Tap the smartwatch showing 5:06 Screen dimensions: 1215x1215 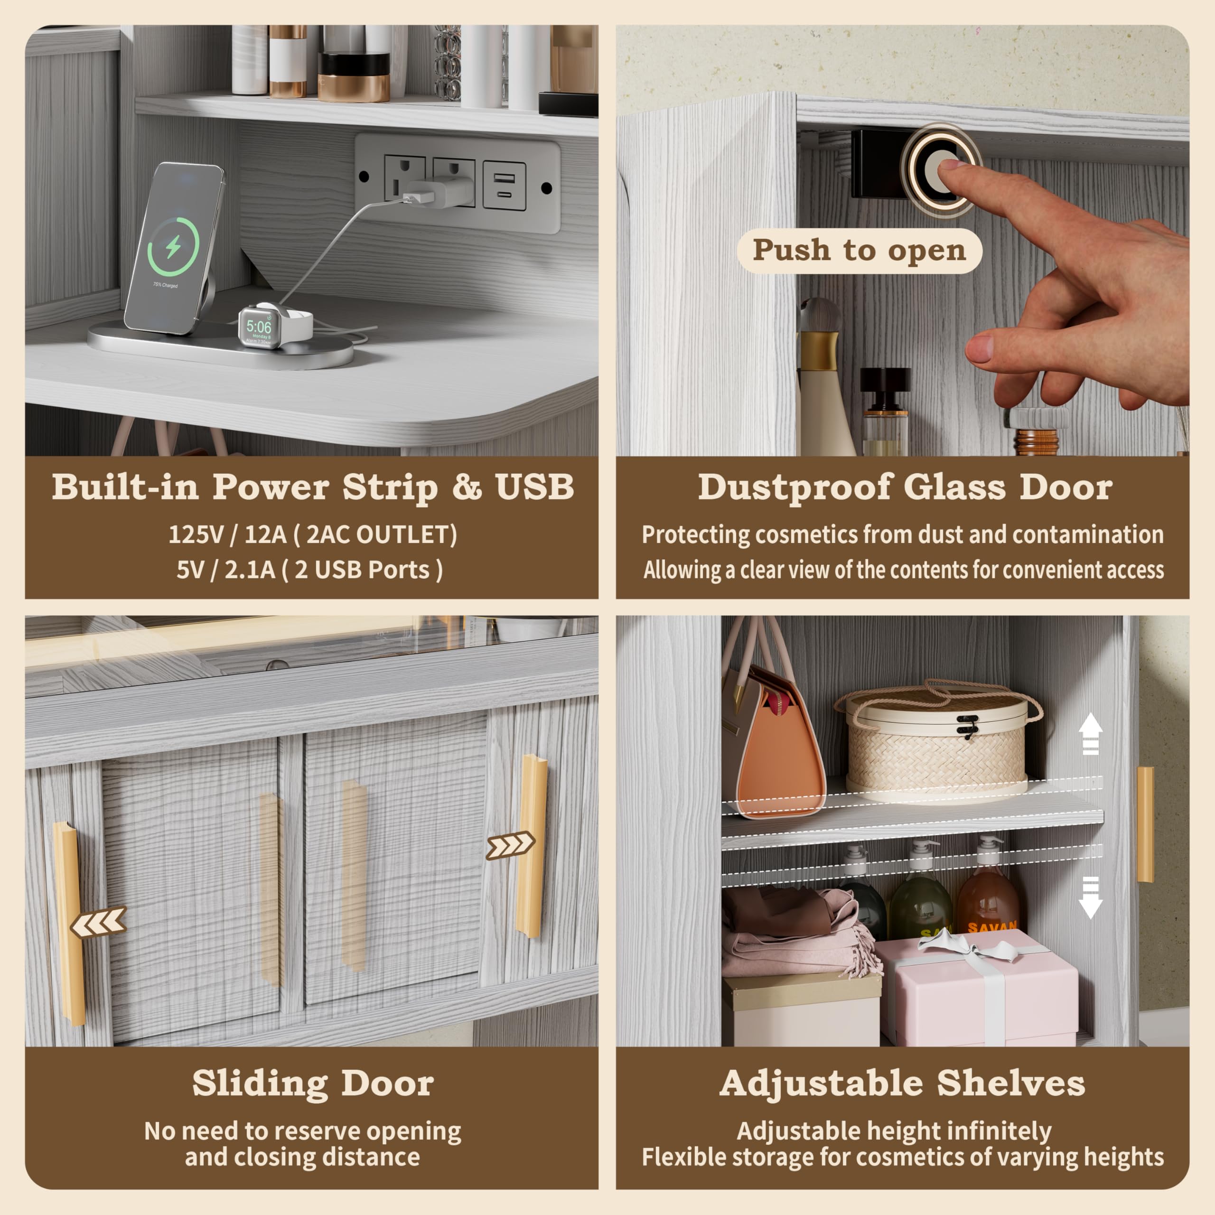tap(260, 327)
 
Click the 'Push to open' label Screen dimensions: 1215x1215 tap(859, 250)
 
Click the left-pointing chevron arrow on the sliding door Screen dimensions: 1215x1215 tap(99, 923)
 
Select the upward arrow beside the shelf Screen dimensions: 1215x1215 tap(1091, 734)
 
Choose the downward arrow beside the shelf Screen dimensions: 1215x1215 tap(1091, 897)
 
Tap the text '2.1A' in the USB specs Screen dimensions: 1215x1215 tap(250, 570)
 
